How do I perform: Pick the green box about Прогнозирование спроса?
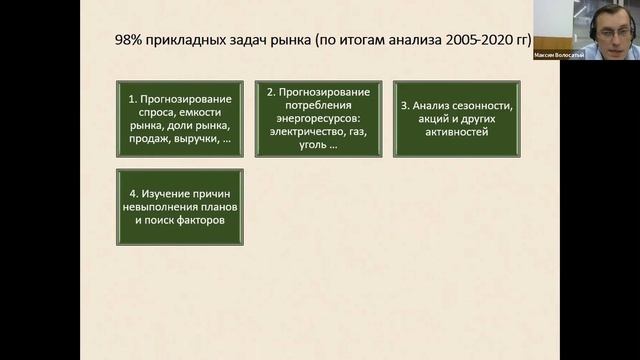click(179, 119)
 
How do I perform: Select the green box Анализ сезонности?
click(456, 118)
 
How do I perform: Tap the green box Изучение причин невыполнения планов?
click(179, 207)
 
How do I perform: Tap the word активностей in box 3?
click(459, 131)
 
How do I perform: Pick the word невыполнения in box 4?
click(160, 207)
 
